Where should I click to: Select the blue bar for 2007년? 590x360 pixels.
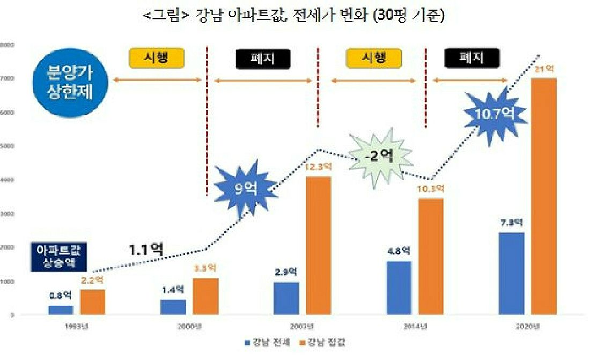(286, 298)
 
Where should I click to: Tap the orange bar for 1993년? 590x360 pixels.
(93, 302)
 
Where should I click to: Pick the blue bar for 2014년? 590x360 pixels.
(399, 288)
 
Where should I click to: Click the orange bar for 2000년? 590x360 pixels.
(205, 296)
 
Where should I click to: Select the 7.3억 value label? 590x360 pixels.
(511, 223)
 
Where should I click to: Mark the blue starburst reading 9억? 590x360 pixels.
(244, 188)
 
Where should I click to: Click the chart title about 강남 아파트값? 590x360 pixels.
(294, 17)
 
